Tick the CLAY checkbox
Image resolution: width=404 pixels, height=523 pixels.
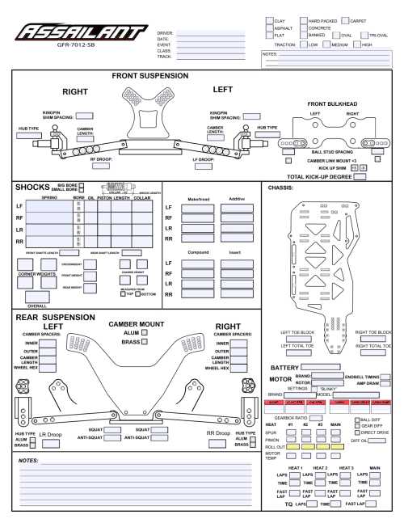click(x=270, y=19)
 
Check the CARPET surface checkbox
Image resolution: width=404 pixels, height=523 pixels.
click(x=344, y=19)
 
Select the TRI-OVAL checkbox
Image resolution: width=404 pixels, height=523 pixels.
click(x=364, y=36)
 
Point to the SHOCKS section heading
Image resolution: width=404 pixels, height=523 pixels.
click(x=33, y=188)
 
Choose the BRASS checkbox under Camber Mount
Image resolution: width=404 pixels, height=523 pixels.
click(x=143, y=342)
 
